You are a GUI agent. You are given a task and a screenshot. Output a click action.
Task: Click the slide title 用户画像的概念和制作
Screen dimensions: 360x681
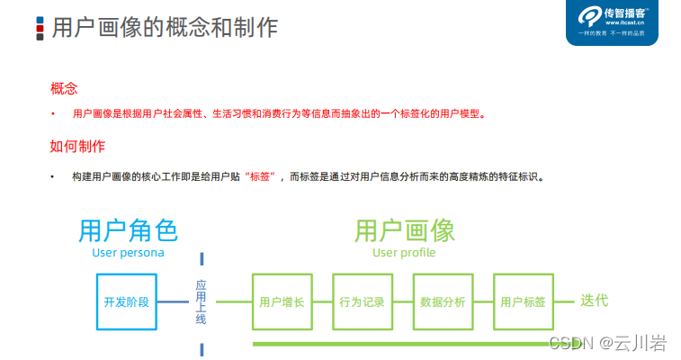pyautogui.click(x=165, y=27)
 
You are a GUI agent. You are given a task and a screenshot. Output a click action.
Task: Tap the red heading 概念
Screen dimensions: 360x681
pyautogui.click(x=64, y=88)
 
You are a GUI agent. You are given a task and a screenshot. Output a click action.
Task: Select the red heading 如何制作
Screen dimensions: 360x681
pyautogui.click(x=76, y=146)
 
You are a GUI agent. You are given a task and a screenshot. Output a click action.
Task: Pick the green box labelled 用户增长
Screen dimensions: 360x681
pyautogui.click(x=282, y=301)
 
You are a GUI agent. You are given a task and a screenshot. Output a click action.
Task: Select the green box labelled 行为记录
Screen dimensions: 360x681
pyautogui.click(x=363, y=301)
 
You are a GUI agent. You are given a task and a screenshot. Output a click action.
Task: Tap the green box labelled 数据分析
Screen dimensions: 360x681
pyautogui.click(x=443, y=301)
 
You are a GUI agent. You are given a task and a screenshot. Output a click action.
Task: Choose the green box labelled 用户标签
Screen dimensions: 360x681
pyautogui.click(x=523, y=301)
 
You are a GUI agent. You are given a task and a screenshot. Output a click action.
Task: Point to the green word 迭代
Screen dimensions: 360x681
pyautogui.click(x=594, y=301)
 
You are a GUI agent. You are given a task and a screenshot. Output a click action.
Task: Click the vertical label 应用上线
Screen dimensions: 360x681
pyautogui.click(x=202, y=301)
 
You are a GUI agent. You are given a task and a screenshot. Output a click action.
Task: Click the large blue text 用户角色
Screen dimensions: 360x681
pyautogui.click(x=128, y=230)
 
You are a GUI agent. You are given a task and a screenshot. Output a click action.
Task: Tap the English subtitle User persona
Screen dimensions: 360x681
pyautogui.click(x=128, y=253)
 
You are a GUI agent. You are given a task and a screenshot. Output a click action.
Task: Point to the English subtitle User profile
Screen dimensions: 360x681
pyautogui.click(x=404, y=253)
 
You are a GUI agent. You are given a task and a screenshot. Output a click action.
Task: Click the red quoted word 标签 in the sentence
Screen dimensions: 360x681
pyautogui.click(x=264, y=176)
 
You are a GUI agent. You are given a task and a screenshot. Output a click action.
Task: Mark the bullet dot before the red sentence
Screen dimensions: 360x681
pyautogui.click(x=53, y=114)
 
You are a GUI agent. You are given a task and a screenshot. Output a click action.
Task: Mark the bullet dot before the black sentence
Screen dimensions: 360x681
pyautogui.click(x=53, y=176)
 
